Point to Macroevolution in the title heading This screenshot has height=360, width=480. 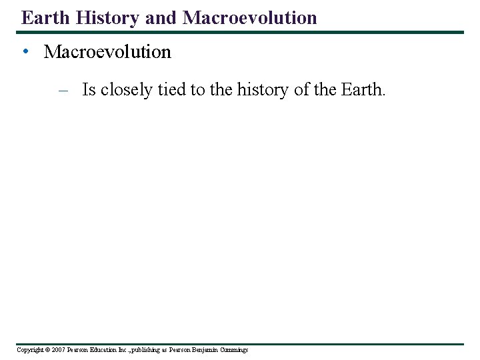coord(250,17)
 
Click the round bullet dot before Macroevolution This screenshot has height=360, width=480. coord(25,52)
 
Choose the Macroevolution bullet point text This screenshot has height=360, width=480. coord(107,52)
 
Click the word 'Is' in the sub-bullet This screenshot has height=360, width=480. coord(89,90)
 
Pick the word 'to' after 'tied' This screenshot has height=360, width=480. coord(198,90)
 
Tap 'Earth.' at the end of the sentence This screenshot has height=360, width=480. coord(363,90)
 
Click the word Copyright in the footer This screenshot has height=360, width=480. coord(29,350)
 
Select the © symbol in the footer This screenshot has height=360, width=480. coord(47,350)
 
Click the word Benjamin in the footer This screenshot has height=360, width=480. coord(206,350)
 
